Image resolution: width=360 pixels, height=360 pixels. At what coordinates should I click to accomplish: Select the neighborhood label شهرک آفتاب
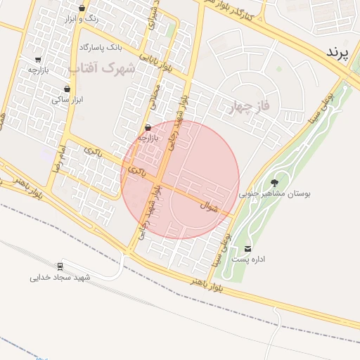[103, 68]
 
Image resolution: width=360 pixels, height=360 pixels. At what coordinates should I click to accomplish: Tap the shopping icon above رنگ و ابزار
[83, 8]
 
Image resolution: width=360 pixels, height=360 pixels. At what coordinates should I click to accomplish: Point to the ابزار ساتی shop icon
[67, 89]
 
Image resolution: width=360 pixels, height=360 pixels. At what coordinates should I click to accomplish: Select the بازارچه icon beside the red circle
[148, 128]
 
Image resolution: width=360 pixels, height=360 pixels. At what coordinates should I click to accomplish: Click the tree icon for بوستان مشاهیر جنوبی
[274, 182]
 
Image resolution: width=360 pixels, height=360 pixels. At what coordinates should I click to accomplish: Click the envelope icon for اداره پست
[247, 249]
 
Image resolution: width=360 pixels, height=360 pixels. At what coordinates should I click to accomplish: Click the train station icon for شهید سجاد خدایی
[60, 266]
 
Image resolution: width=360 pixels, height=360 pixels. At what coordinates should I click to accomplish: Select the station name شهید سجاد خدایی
[60, 278]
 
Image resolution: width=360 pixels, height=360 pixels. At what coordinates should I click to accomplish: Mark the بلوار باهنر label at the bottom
[207, 285]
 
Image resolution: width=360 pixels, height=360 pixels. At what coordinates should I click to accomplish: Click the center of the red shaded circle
[181, 180]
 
